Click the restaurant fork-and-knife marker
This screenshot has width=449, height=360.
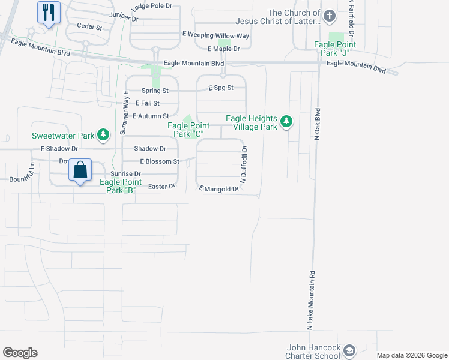coord(49,12)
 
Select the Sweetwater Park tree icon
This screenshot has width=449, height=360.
coord(104,135)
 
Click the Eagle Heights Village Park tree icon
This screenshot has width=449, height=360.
coord(287,122)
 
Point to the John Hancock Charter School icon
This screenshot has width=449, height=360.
coord(349,350)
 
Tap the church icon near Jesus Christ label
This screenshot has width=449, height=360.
coord(330,16)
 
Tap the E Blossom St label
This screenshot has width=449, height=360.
coord(160,161)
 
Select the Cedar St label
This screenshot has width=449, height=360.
coord(90,27)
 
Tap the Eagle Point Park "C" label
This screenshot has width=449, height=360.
coord(189,130)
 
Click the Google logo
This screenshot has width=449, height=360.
coord(20,353)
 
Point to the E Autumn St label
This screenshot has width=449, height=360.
coord(151,115)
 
